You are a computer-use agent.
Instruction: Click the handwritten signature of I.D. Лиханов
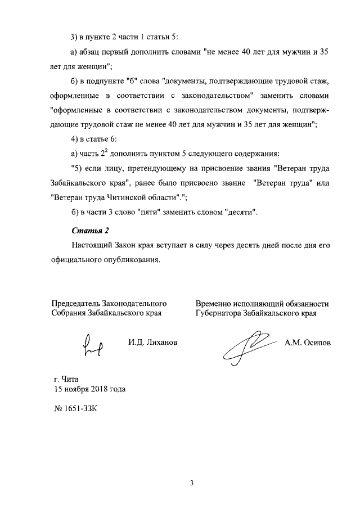coord(93,344)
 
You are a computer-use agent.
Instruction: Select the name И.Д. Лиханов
coord(152,342)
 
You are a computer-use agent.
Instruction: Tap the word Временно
coord(215,304)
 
